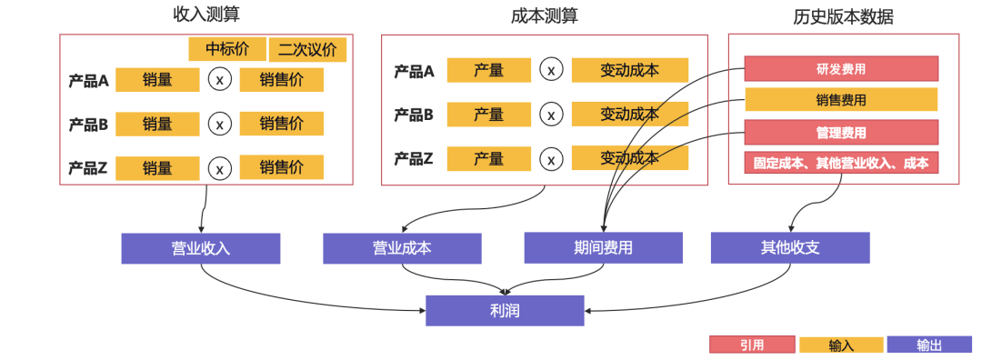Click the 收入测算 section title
click(x=206, y=15)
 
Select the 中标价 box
click(x=226, y=49)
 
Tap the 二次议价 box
click(x=307, y=50)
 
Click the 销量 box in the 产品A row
click(x=157, y=80)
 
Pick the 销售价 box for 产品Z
click(x=281, y=167)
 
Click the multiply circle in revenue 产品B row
click(x=219, y=124)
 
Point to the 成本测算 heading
click(x=544, y=15)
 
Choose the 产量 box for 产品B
click(x=488, y=115)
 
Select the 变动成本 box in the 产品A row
click(x=629, y=71)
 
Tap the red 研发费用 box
click(x=841, y=68)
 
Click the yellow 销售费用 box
click(x=841, y=100)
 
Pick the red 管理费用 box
click(x=841, y=132)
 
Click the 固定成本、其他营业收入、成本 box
click(x=841, y=163)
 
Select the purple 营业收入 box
click(x=200, y=248)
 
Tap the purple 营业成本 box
click(x=402, y=248)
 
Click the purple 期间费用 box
click(x=603, y=248)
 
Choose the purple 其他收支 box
click(x=790, y=248)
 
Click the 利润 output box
click(x=505, y=311)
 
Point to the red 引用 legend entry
click(x=751, y=345)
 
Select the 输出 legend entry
click(x=929, y=345)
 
